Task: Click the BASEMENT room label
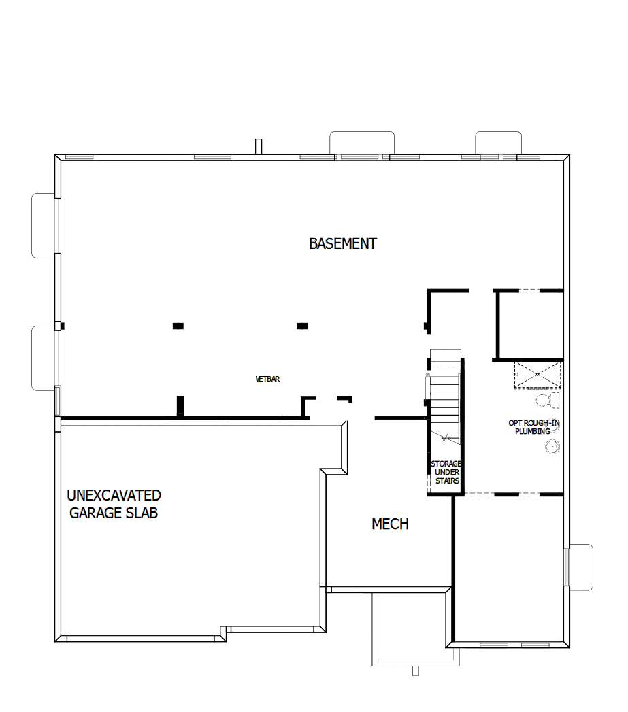(x=343, y=243)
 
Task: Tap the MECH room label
(x=390, y=524)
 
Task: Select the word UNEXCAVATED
(x=114, y=495)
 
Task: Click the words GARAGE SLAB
(x=114, y=513)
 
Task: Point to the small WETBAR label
(x=267, y=379)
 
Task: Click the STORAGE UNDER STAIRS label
(x=447, y=473)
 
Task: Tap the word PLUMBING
(x=532, y=431)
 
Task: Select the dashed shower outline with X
(x=538, y=375)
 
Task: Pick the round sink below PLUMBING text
(x=551, y=446)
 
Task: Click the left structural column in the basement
(x=178, y=326)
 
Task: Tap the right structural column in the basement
(x=302, y=326)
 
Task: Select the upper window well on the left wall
(x=46, y=225)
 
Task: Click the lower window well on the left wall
(x=46, y=358)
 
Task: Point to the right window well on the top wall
(x=498, y=143)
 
